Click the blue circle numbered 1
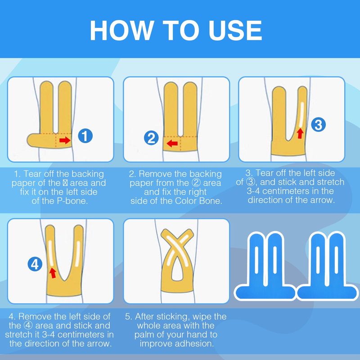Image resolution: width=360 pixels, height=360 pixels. (x=85, y=136)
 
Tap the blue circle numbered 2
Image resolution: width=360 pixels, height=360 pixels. (x=151, y=138)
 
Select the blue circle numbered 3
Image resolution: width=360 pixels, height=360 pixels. (x=318, y=125)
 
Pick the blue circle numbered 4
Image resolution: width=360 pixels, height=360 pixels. (x=35, y=264)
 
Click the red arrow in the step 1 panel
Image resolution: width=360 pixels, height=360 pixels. (x=65, y=140)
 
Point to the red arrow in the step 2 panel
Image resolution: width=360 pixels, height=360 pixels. (x=172, y=144)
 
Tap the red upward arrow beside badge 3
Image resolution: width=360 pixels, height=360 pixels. (x=300, y=133)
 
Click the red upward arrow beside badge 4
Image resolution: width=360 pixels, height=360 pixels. (x=53, y=273)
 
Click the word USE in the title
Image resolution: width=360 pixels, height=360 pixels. (x=235, y=31)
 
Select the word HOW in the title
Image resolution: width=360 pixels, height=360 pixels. (x=121, y=31)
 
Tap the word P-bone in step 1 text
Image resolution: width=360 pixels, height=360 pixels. (x=72, y=201)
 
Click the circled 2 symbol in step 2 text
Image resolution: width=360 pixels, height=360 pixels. (x=196, y=183)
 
